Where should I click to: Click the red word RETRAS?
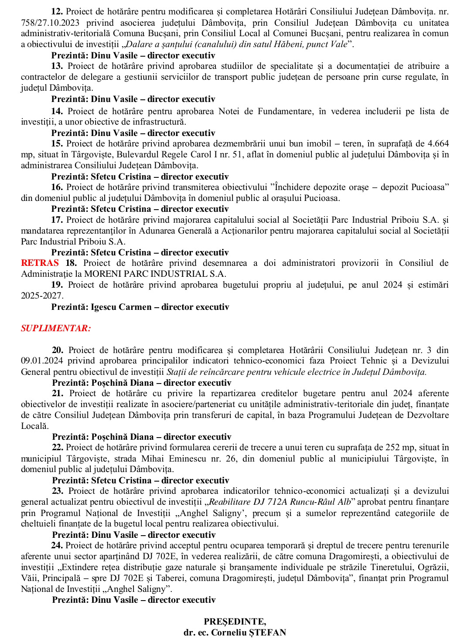pos(40,263)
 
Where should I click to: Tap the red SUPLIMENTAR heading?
pos(56,328)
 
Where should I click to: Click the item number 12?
pos(57,11)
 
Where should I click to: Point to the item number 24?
pos(57,545)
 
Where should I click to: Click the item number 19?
pos(57,285)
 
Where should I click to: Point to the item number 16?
pos(57,187)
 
